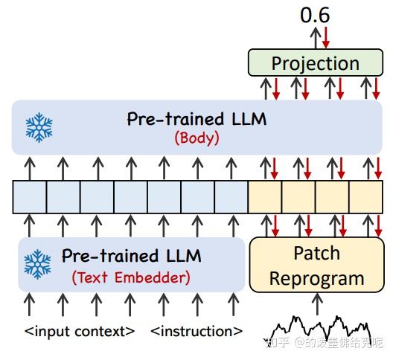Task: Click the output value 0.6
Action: point(314,14)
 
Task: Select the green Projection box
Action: point(315,63)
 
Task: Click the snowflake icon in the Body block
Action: point(39,127)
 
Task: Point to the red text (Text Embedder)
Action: point(131,277)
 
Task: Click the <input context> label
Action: point(80,331)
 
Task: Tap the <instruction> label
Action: point(196,331)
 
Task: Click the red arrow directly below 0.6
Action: point(325,37)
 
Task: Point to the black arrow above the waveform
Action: point(318,303)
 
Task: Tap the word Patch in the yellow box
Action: point(316,253)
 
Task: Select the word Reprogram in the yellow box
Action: point(316,278)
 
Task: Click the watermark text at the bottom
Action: point(327,344)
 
